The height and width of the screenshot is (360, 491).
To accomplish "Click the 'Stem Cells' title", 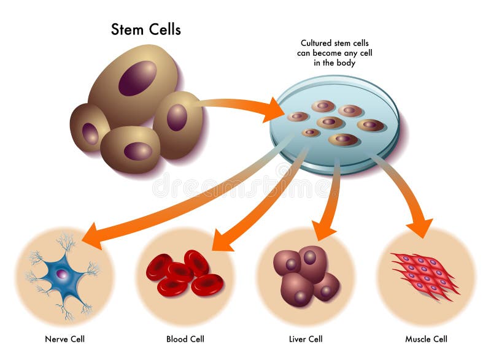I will pos(145,29).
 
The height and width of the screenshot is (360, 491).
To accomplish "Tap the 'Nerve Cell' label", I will pos(65,339).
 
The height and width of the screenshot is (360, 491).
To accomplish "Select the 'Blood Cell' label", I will pos(185,339).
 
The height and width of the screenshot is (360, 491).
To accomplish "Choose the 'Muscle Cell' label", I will pos(427,339).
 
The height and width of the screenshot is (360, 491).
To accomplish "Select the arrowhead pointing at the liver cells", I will pos(323,231).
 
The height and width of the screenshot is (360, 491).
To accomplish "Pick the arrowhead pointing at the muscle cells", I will pos(420,228).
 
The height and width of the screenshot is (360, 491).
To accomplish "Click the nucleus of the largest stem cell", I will pos(137,78).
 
